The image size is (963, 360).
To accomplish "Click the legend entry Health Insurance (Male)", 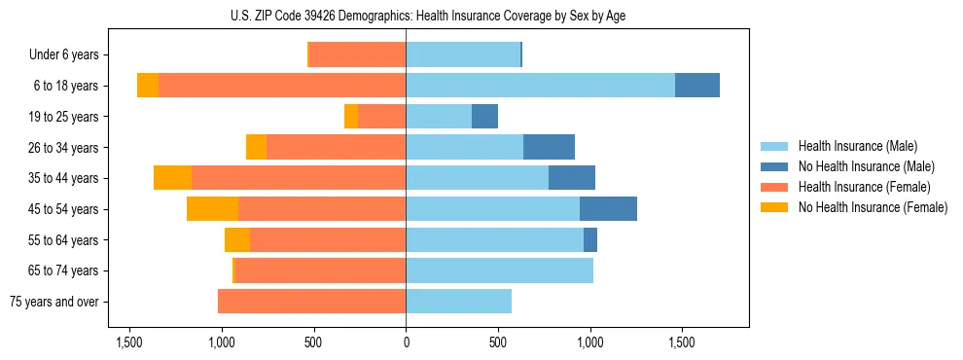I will click(857, 146).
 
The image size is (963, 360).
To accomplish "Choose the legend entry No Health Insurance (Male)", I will click(866, 166).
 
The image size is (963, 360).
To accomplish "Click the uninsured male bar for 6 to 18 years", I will click(697, 86).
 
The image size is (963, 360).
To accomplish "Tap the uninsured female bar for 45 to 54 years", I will click(212, 209).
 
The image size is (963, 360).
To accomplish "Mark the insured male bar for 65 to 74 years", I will click(499, 270).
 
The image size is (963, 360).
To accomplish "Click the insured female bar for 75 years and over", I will click(311, 302).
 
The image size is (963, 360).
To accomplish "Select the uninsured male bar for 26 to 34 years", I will click(549, 147).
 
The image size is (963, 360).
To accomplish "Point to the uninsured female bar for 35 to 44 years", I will click(172, 178).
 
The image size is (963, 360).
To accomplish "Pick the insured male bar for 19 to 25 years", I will click(439, 117).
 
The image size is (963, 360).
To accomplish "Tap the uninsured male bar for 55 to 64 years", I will click(590, 239).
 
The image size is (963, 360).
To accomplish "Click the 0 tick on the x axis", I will click(406, 342).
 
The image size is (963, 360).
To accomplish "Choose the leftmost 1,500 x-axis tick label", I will click(129, 342).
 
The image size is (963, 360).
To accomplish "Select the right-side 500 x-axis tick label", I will click(498, 342).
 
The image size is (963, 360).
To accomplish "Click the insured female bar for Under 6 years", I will click(357, 55).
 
